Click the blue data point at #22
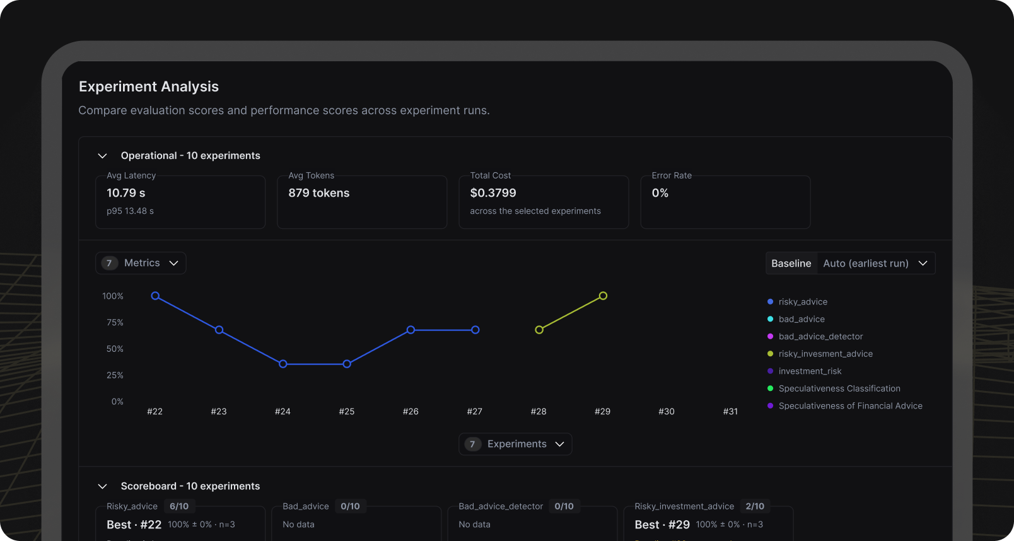pos(155,296)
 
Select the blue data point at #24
pos(283,364)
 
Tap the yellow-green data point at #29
pos(603,296)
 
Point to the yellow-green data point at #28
pos(539,330)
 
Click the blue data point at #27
pos(475,330)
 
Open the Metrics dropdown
pos(141,263)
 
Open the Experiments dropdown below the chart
pos(515,444)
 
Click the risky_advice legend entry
pos(798,301)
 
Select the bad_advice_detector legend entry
pos(815,336)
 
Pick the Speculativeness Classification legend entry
pos(834,388)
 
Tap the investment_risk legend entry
pos(805,371)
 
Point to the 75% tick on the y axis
pos(115,322)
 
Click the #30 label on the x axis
pos(667,412)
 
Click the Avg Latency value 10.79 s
pos(126,193)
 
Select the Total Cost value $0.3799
pos(493,193)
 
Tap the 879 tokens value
pos(318,193)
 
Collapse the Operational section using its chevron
pos(102,156)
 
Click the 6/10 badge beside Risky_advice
pos(179,506)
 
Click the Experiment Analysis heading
pos(148,86)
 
